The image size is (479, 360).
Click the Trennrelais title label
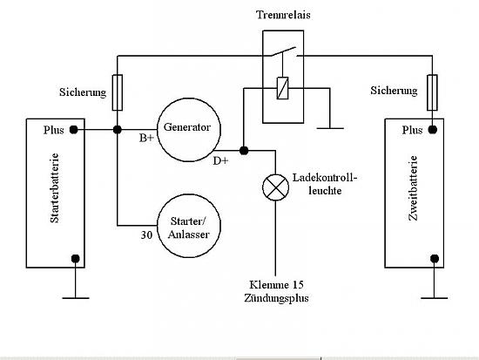[283, 15]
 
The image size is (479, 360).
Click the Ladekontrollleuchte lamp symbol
[275, 187]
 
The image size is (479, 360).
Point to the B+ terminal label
[146, 139]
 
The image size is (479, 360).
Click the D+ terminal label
[220, 161]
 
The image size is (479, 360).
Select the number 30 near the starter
[146, 234]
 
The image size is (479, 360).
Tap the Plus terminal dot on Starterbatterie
[74, 130]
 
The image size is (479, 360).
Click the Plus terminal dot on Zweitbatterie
[433, 130]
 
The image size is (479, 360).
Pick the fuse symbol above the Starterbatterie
[118, 92]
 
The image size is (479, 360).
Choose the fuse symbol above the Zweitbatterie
[432, 92]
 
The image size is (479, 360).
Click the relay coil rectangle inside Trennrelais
[282, 88]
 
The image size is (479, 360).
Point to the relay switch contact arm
[284, 51]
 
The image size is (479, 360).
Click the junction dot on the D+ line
[244, 151]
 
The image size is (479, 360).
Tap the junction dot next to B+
[118, 130]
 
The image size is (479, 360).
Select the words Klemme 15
[276, 285]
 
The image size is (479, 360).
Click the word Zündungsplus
[276, 298]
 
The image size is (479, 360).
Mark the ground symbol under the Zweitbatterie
[434, 297]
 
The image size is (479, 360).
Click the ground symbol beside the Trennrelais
[330, 128]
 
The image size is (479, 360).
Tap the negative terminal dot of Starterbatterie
[76, 259]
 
